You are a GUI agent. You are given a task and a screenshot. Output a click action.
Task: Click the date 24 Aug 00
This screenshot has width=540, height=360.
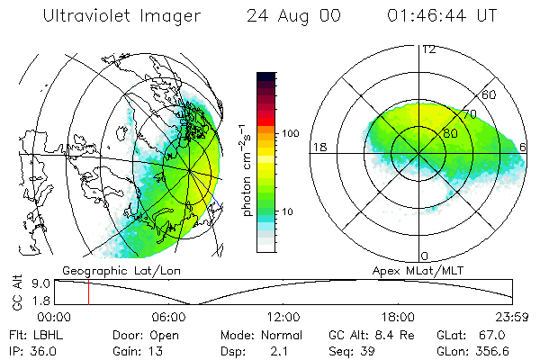tap(287, 16)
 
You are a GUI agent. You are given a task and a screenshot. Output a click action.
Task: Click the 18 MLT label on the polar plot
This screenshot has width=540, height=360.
tap(318, 148)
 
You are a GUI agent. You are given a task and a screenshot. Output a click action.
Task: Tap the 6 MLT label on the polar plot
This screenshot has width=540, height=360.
tap(524, 148)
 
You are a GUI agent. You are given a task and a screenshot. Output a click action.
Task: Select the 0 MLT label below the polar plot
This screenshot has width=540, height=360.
tap(425, 256)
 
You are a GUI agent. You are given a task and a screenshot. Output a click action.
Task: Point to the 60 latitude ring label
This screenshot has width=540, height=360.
tap(489, 94)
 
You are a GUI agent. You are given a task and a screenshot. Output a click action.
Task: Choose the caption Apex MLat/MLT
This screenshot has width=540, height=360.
tap(422, 270)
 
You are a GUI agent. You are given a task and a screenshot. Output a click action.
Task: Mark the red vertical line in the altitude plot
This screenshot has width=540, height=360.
tap(88, 292)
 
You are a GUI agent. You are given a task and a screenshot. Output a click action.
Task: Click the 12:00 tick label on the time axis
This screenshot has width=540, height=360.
tap(283, 317)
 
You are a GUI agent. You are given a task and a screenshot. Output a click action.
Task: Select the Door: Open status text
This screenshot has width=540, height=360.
tap(140, 334)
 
